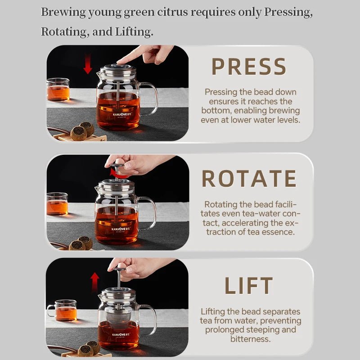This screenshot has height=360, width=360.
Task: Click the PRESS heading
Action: point(249,66)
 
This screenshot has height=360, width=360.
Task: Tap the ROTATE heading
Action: point(249,179)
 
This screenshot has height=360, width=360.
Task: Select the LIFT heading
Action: point(249,285)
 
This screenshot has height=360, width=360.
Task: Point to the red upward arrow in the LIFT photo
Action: point(94,282)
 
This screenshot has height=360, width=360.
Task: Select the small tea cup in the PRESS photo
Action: point(58,89)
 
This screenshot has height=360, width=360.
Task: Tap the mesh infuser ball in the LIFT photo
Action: point(119,315)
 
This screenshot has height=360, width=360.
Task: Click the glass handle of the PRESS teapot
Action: point(150,99)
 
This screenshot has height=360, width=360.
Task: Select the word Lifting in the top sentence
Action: point(134,32)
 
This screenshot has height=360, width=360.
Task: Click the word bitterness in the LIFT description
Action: point(251,339)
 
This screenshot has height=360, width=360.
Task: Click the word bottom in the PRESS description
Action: point(216,111)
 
